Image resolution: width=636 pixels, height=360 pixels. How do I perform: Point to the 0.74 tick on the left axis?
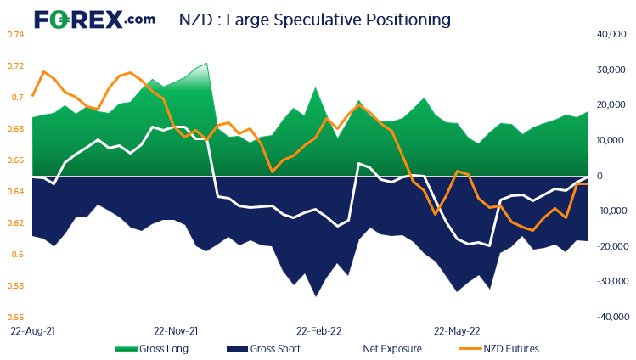pos(15,34)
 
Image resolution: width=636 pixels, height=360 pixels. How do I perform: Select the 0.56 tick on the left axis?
pos(15,317)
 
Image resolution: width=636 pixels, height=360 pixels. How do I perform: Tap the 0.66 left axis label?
pos(15,160)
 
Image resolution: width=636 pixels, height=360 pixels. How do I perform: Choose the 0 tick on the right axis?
pos(600,176)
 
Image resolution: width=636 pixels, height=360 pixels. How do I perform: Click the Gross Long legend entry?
pos(151,348)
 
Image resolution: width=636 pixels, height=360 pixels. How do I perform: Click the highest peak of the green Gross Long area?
pos(206,64)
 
